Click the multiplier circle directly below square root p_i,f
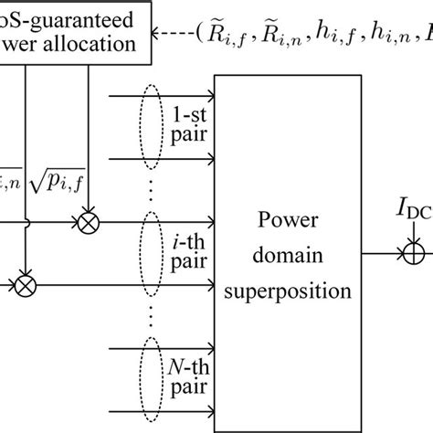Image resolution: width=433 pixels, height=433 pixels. click(90, 221)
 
